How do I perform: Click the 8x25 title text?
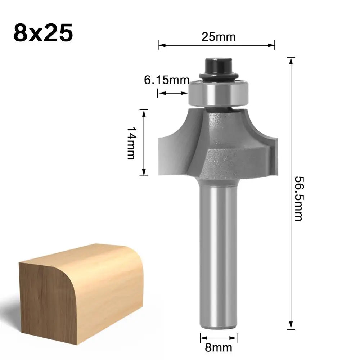point(43,33)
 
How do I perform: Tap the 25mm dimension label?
point(217,37)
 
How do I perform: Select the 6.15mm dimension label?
point(166,80)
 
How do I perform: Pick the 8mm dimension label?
point(219,347)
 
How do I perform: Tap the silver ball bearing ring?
point(218,92)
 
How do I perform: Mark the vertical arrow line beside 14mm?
point(144,143)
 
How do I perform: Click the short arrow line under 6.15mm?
point(173,93)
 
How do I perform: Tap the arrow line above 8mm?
point(219,338)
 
